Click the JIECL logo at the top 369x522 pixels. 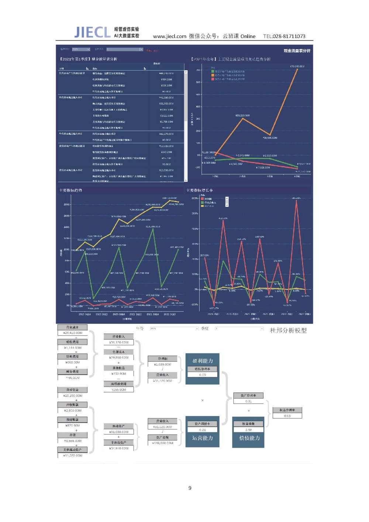92,32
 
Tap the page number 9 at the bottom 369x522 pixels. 190,488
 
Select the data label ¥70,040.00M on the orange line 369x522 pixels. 297,66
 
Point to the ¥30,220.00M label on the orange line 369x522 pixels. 242,116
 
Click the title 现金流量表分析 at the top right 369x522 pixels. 297,51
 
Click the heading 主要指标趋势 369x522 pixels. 70,190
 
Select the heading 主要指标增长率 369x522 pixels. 200,190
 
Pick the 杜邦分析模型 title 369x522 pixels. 288,330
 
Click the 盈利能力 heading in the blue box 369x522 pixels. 203,361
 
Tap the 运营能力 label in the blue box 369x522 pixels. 203,438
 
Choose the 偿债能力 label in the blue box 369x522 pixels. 249,438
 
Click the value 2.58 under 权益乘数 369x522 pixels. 248,430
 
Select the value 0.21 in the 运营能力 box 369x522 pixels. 203,430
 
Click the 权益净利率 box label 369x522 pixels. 287,410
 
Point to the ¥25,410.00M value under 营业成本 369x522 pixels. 73,333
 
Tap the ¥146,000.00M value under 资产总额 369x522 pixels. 162,443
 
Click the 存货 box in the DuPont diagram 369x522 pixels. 73,435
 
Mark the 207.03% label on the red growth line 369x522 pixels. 204,255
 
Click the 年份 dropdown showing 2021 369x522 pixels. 174,328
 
